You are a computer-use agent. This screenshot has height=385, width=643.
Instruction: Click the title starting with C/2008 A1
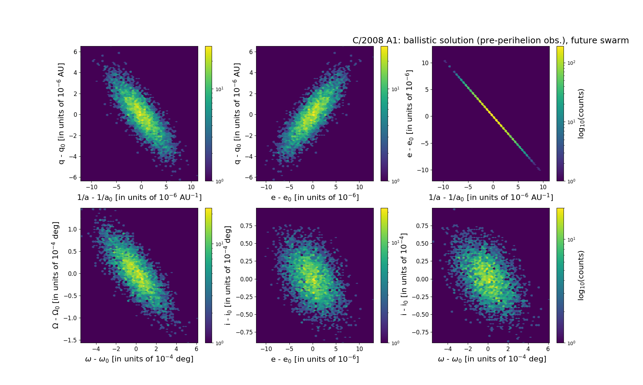coord(490,41)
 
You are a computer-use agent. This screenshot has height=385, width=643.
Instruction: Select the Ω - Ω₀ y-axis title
coord(56,275)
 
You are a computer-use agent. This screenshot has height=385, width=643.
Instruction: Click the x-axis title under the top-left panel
coord(139,197)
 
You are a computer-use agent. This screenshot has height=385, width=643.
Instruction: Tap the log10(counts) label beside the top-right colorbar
coord(581,114)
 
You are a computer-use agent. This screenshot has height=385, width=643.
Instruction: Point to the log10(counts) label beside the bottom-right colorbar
coord(581,275)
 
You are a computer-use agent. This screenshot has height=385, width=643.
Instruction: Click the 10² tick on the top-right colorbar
coord(571,63)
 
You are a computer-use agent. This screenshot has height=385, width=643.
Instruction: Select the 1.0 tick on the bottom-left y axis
coord(72,229)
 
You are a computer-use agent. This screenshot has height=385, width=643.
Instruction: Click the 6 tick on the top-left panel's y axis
coord(75,52)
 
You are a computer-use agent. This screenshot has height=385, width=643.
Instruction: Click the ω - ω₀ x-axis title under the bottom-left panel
coord(139,359)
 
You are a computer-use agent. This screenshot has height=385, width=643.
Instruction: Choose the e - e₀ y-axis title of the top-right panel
coord(409,114)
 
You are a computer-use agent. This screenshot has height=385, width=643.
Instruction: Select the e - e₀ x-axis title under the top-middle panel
coord(315,197)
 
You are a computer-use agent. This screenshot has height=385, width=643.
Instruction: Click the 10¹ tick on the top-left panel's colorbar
coord(220,89)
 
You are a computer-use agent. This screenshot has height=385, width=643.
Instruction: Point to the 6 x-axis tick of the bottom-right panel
coord(548,349)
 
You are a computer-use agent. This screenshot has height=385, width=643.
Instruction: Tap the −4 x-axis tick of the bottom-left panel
coord(96,349)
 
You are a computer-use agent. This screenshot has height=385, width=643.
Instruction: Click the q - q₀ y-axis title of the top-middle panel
coord(237,114)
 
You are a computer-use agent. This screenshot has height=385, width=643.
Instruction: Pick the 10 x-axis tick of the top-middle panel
coord(359,187)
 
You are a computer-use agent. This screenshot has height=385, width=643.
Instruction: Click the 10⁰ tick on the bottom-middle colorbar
coord(395,343)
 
